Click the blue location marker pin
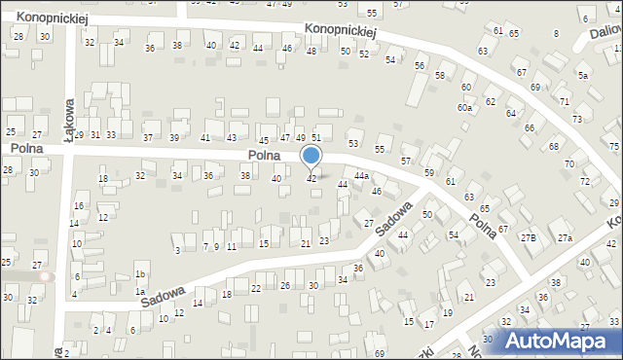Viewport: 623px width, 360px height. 311,157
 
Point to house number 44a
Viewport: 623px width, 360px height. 361,176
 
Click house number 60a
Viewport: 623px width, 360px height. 465,107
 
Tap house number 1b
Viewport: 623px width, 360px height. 140,274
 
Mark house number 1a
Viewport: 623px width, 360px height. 140,292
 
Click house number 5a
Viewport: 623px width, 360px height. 583,75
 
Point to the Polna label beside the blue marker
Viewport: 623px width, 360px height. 265,155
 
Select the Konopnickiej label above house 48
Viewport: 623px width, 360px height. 340,32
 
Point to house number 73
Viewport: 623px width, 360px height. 577,119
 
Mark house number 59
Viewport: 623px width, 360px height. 429,172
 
